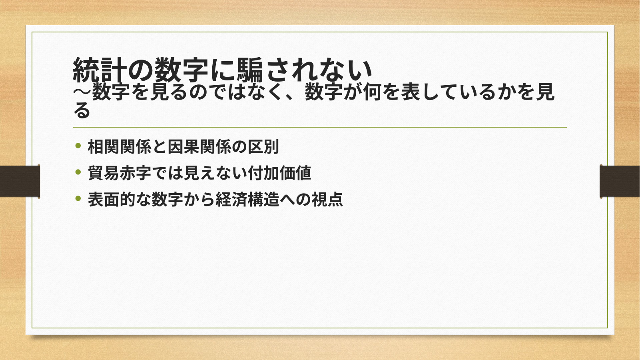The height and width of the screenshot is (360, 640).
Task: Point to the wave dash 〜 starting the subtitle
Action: pyautogui.click(x=82, y=92)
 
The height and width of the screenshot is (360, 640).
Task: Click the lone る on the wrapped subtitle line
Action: pyautogui.click(x=82, y=110)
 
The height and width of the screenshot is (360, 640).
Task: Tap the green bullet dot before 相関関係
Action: pyautogui.click(x=78, y=146)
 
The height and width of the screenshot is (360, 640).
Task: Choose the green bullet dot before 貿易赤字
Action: pyautogui.click(x=78, y=172)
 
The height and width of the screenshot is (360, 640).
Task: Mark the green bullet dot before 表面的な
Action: pyautogui.click(x=78, y=198)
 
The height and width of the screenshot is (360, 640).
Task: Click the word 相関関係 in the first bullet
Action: pyautogui.click(x=120, y=147)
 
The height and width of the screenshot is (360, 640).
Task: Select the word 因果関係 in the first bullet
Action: pyautogui.click(x=199, y=147)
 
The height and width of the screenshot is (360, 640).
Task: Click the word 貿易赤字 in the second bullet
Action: pyautogui.click(x=120, y=173)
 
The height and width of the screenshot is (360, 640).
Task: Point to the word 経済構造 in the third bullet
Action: pyautogui.click(x=247, y=199)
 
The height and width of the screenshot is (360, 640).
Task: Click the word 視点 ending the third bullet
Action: pyautogui.click(x=327, y=199)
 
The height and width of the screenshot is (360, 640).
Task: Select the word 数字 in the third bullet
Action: pyautogui.click(x=167, y=199)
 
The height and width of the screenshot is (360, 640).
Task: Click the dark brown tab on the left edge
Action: pyautogui.click(x=20, y=181)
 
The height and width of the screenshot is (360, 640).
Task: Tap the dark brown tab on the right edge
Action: pyautogui.click(x=620, y=181)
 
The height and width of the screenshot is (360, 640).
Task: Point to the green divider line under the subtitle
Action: pyautogui.click(x=320, y=127)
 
